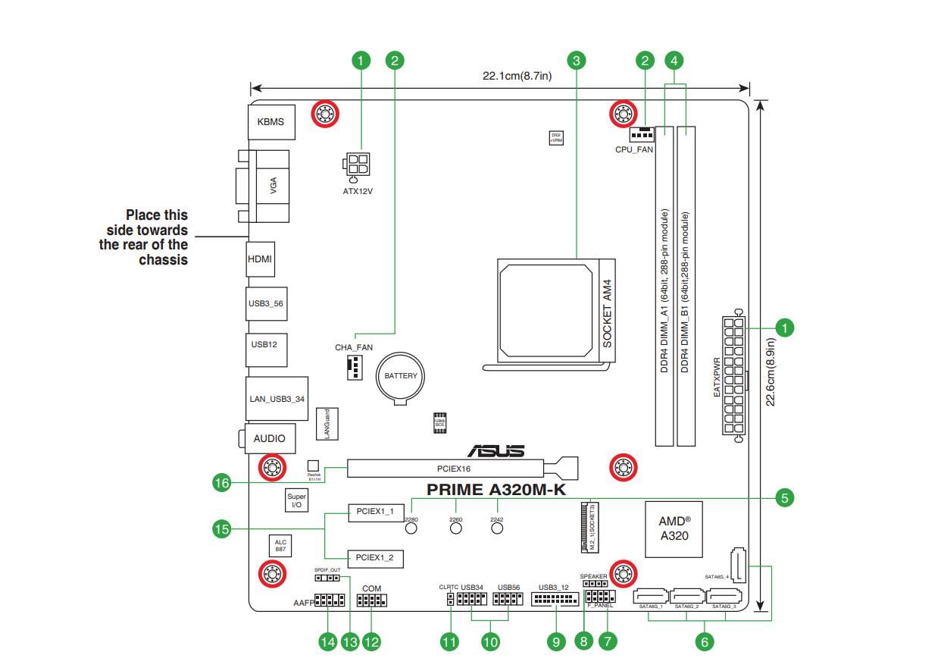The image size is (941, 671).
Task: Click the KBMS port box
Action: coord(270,122)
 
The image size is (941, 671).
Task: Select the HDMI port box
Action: coord(260,259)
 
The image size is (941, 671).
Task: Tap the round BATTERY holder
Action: coord(401,376)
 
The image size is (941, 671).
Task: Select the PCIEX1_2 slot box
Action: coord(375,559)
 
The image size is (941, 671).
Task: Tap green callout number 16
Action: coord(221,482)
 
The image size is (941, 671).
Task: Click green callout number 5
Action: coord(785,497)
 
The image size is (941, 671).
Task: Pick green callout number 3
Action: coord(577,59)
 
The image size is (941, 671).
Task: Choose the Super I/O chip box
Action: coord(296,500)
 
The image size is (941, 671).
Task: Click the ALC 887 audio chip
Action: coord(280,545)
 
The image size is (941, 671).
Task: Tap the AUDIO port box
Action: coord(270,438)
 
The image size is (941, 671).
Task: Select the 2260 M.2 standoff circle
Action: coord(456,528)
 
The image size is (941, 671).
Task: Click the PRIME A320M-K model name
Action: coord(496,490)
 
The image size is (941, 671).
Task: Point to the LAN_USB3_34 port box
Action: coord(277,399)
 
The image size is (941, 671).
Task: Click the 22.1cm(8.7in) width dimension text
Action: coord(517,76)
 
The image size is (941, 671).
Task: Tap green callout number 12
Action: coord(370,641)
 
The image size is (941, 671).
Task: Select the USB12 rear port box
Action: coord(264,344)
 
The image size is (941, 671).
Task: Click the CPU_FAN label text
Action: coord(634,149)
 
